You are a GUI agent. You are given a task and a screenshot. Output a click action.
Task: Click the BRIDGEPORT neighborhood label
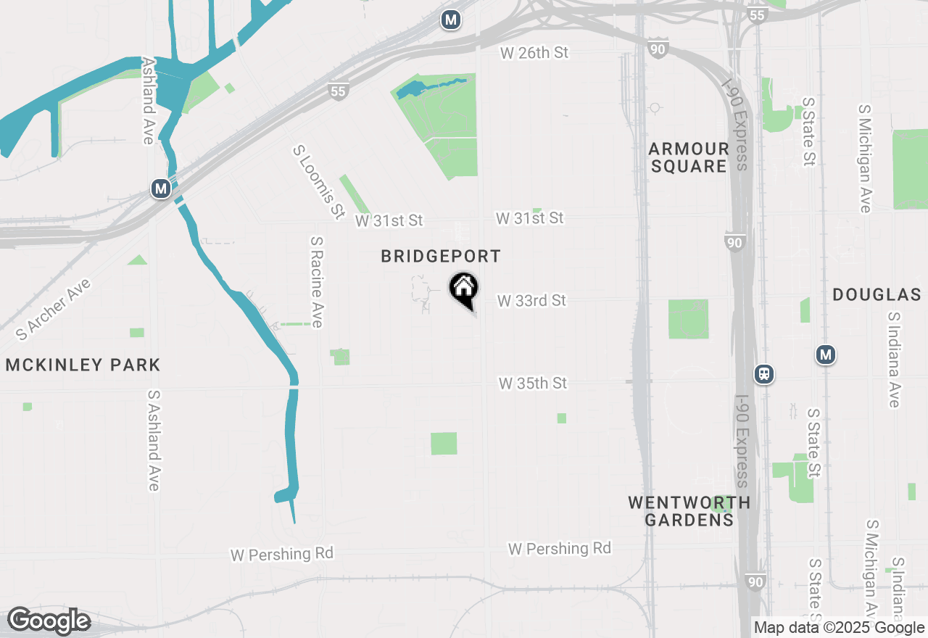pyautogui.click(x=441, y=257)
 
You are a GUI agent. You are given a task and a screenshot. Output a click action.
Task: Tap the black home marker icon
pyautogui.click(x=463, y=288)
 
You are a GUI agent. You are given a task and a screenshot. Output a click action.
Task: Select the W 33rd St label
pyautogui.click(x=531, y=300)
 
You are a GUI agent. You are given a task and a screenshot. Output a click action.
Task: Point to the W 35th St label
pyautogui.click(x=533, y=383)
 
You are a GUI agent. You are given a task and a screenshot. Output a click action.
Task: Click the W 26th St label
pyautogui.click(x=534, y=53)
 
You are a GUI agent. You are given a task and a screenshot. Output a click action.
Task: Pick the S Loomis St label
pyautogui.click(x=318, y=182)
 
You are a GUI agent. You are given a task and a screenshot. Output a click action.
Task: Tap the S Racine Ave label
pyautogui.click(x=315, y=281)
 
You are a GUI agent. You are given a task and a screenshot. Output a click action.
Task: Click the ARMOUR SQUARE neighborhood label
pyautogui.click(x=688, y=157)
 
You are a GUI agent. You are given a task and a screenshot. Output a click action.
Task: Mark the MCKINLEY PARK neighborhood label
pyautogui.click(x=83, y=365)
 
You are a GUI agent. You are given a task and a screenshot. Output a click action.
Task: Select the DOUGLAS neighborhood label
pyautogui.click(x=877, y=294)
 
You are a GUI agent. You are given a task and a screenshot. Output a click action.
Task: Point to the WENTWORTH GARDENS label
pyautogui.click(x=689, y=510)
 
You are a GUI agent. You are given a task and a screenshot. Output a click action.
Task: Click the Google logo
pyautogui.click(x=49, y=621)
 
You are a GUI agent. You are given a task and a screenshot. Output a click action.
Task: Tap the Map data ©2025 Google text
pyautogui.click(x=839, y=628)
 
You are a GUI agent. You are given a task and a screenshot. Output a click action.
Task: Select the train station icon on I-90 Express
pyautogui.click(x=763, y=374)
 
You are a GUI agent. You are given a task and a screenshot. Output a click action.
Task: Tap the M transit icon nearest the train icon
pyautogui.click(x=825, y=355)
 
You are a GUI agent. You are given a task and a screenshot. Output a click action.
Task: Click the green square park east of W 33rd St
pyautogui.click(x=688, y=319)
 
